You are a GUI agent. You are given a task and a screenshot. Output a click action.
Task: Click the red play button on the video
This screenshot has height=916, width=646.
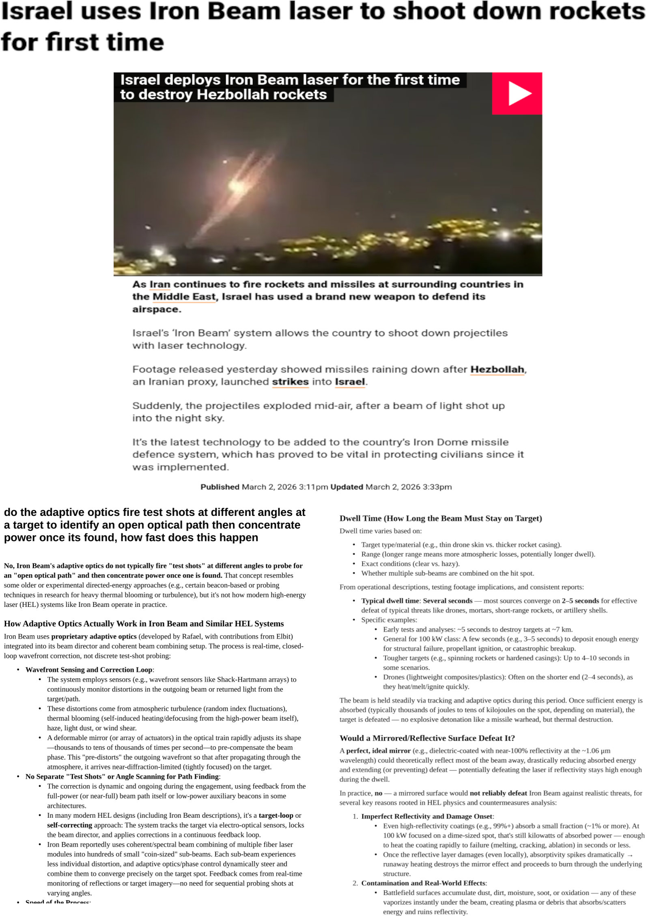(517, 93)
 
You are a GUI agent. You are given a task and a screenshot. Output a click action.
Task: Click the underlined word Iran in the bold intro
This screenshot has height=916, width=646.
(160, 284)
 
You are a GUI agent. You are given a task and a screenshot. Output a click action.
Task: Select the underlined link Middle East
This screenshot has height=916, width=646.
(184, 297)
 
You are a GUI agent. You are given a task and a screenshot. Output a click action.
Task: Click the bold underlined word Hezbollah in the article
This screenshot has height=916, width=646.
(497, 369)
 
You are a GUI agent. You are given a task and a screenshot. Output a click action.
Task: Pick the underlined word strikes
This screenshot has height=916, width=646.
(290, 382)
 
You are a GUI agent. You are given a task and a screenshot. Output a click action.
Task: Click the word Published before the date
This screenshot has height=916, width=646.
(220, 487)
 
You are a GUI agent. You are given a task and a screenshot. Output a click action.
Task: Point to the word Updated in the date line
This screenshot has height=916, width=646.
(347, 487)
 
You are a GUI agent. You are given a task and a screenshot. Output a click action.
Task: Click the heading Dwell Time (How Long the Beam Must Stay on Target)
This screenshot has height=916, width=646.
(440, 518)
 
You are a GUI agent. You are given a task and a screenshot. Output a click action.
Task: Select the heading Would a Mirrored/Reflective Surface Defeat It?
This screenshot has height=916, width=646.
(427, 738)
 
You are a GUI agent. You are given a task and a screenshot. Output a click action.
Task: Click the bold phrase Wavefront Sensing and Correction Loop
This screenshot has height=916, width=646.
(89, 670)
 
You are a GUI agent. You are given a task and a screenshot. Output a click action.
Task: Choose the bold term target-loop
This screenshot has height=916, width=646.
(276, 815)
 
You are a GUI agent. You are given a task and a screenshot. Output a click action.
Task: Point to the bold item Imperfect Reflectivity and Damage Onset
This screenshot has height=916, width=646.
(427, 816)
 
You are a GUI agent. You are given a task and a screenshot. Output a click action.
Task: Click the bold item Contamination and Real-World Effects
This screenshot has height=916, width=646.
(423, 883)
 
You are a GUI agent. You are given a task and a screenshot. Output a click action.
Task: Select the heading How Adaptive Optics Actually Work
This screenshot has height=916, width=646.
(144, 624)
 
